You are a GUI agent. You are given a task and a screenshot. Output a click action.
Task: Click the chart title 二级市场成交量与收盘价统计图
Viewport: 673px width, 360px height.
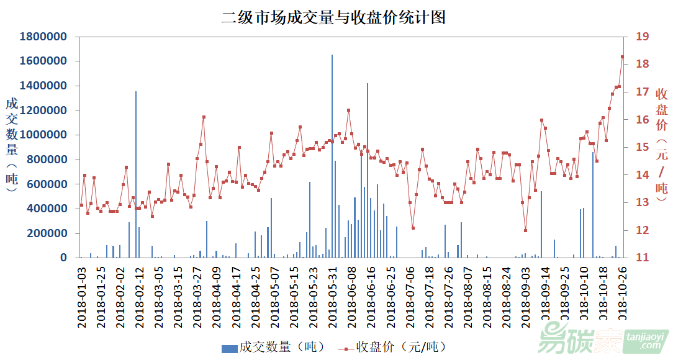tap(333, 17)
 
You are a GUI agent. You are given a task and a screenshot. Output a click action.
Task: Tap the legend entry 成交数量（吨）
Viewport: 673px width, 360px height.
tap(273, 346)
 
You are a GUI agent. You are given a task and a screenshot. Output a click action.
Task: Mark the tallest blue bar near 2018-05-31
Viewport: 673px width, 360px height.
tap(332, 155)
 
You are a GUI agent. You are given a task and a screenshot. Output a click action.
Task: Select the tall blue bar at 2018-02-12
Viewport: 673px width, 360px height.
tap(136, 174)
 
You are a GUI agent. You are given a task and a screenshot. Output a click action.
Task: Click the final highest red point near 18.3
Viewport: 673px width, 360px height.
tap(622, 56)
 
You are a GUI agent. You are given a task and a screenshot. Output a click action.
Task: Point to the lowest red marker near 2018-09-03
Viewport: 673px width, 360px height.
tap(525, 230)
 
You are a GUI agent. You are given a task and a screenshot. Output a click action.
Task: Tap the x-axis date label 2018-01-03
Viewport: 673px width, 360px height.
tap(81, 294)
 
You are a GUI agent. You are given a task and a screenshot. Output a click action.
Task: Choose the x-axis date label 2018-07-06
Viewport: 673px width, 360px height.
tap(410, 294)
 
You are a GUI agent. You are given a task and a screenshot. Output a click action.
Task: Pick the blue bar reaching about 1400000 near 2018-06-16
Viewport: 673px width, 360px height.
tap(368, 171)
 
